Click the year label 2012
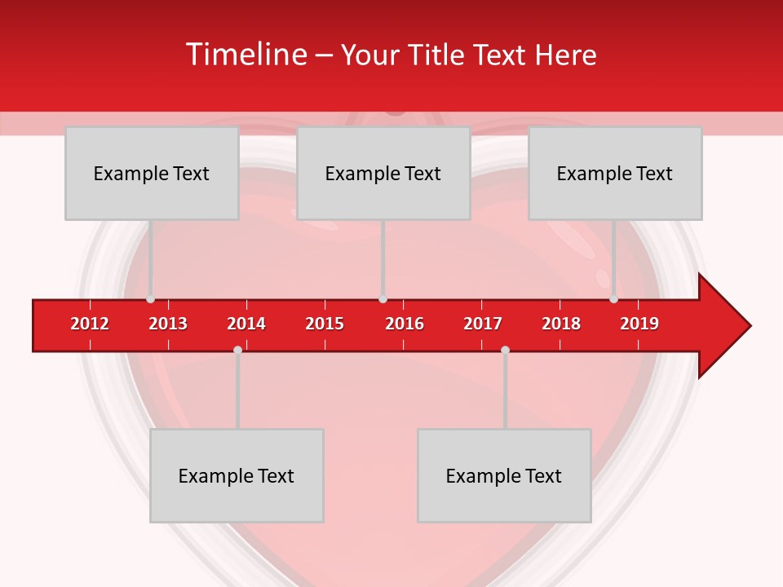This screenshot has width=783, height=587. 90,324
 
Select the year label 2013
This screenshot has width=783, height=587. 168,324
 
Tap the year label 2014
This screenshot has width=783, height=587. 246,324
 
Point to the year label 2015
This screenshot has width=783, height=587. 325,324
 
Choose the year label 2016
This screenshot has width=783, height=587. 405,324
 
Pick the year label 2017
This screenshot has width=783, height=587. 483,324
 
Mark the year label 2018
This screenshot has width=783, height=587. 561,324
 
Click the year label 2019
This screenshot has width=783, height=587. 639,324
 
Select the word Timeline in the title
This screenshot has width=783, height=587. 246,55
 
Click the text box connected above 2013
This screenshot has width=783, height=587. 152,173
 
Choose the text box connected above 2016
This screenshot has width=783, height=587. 383,173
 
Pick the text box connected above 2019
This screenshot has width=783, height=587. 615,173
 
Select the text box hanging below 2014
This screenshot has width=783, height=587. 237,475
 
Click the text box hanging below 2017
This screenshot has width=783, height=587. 504,475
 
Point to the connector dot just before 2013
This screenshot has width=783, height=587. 150,299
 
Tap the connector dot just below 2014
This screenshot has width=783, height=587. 237,350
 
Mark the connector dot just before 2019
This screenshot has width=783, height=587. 613,299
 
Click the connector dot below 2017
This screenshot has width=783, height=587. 505,350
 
